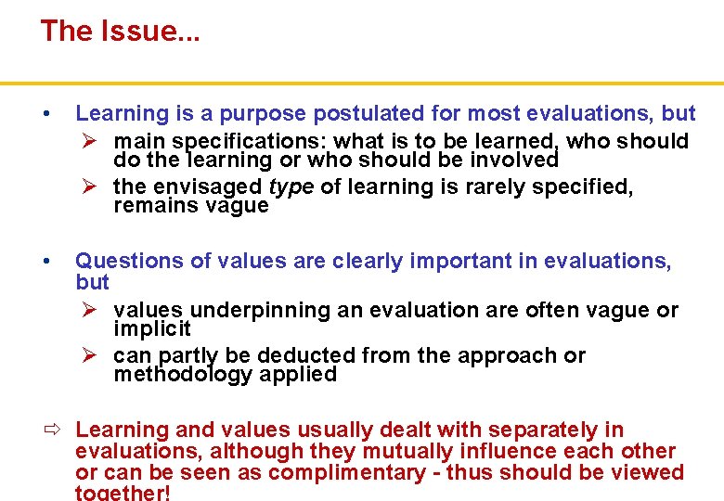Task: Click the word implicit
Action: click(152, 329)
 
